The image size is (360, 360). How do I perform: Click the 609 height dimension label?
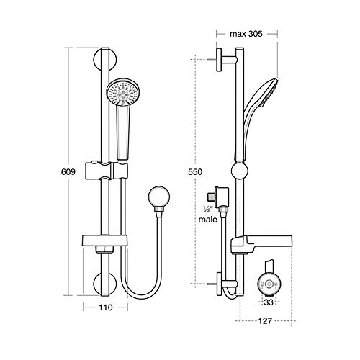pos(68,172)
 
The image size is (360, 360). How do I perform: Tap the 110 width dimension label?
pos(106,307)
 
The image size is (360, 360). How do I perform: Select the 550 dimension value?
pos(195,172)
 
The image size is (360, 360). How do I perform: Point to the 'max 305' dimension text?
pos(246,34)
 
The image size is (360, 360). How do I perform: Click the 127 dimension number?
pos(265,321)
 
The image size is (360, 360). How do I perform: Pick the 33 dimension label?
pos(269,302)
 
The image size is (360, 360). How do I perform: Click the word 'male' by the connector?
pos(208,220)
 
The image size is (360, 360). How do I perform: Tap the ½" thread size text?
pos(207,209)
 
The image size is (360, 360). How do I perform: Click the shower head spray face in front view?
pos(122,93)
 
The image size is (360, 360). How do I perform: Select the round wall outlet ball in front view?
pos(159,197)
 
